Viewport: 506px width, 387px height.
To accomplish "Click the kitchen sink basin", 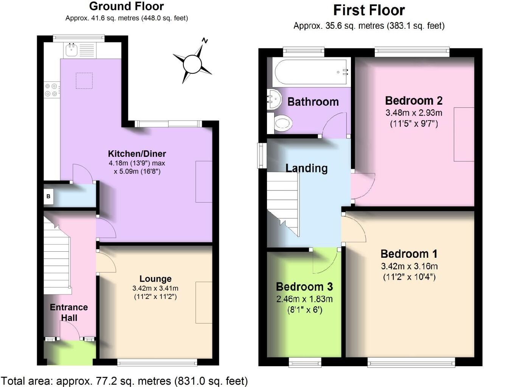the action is point(71,50).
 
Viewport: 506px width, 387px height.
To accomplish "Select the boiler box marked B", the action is point(48,197).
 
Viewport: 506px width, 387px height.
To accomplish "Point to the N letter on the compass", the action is point(205,41).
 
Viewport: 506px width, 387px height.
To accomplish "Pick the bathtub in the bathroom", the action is point(311,72).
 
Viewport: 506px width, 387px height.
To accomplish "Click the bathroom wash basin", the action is point(274,99).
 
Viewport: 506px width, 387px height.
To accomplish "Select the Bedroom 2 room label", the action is point(414,101).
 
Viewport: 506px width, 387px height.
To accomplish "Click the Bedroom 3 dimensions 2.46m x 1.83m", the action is point(304,299).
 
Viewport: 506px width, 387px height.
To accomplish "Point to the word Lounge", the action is point(155,279).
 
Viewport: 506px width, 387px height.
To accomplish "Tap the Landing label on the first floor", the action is point(306,169).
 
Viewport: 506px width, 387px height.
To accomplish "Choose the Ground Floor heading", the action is point(126,6).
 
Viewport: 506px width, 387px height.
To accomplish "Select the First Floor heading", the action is point(369,11).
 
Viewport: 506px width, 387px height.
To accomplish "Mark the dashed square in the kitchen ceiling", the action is point(84,80).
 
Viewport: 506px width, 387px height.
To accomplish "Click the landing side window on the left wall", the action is point(262,155).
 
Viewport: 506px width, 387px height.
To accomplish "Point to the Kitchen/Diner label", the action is point(137,154).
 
